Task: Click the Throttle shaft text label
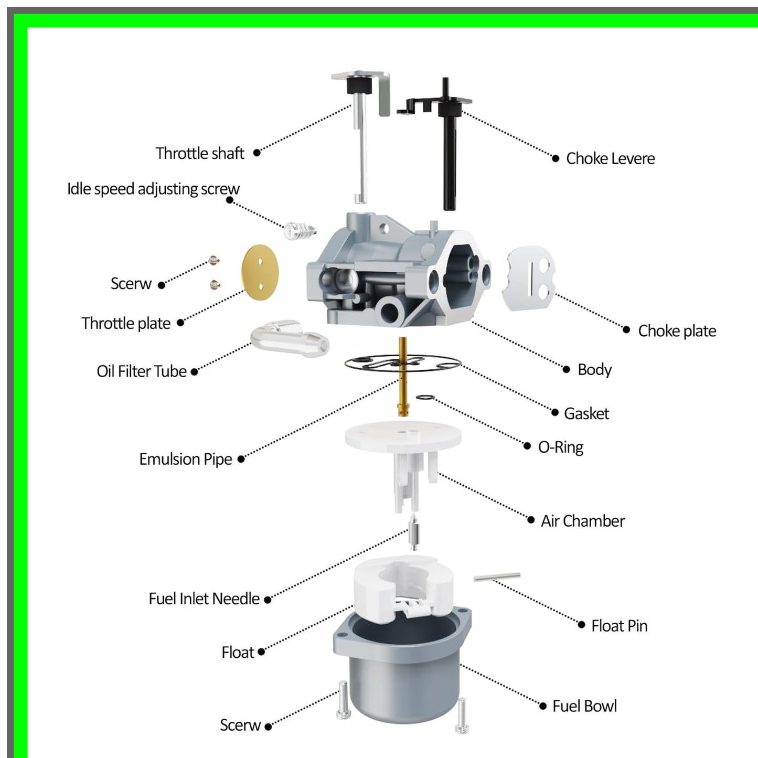pyautogui.click(x=200, y=153)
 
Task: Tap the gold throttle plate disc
pyautogui.click(x=260, y=272)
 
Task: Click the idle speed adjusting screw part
pyautogui.click(x=300, y=230)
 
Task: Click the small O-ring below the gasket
pyautogui.click(x=425, y=398)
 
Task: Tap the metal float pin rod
pyautogui.click(x=497, y=576)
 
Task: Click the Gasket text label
pyautogui.click(x=586, y=413)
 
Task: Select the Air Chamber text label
pyautogui.click(x=582, y=521)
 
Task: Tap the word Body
pyautogui.click(x=594, y=369)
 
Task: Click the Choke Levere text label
pyautogui.click(x=610, y=158)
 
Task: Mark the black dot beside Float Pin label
pyautogui.click(x=581, y=624)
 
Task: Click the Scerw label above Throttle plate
pyautogui.click(x=131, y=283)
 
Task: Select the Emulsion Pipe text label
pyautogui.click(x=185, y=459)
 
